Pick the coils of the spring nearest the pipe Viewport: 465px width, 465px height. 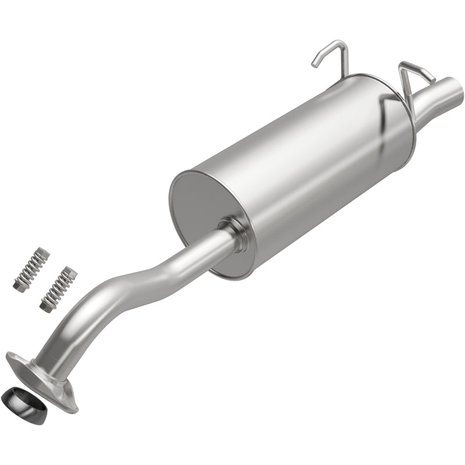(x=59, y=288)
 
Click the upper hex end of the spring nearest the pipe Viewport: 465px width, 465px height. (x=70, y=271)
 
